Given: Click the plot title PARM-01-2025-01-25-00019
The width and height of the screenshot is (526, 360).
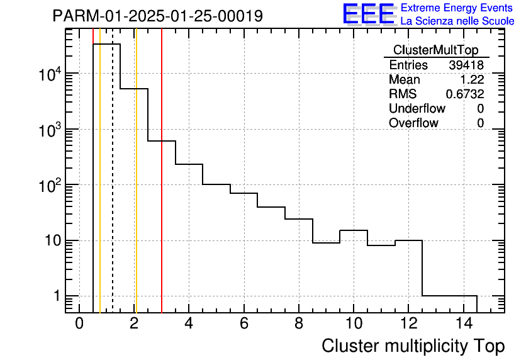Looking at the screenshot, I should pyautogui.click(x=157, y=16).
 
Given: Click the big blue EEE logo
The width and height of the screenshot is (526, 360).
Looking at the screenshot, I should pyautogui.click(x=368, y=14).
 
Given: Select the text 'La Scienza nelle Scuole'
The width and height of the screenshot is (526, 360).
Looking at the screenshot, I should pyautogui.click(x=457, y=21).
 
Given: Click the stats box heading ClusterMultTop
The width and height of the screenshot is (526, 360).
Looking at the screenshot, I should pyautogui.click(x=435, y=50).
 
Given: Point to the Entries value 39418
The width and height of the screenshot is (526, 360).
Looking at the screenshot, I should pyautogui.click(x=466, y=65).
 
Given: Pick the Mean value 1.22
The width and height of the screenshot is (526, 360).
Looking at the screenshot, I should pyautogui.click(x=473, y=80).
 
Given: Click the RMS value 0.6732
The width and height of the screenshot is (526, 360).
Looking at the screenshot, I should pyautogui.click(x=465, y=94).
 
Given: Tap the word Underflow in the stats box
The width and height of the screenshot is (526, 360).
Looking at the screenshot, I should pyautogui.click(x=417, y=109).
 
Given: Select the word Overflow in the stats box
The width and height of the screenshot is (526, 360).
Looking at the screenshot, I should pyautogui.click(x=413, y=123).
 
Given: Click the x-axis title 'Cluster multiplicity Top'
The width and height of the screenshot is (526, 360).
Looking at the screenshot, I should pyautogui.click(x=413, y=346).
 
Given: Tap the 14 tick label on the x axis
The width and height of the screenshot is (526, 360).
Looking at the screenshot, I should pyautogui.click(x=463, y=324).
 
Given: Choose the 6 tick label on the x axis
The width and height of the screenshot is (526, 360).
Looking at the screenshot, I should pyautogui.click(x=244, y=324).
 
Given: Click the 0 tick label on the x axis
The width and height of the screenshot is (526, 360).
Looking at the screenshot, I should pyautogui.click(x=79, y=324).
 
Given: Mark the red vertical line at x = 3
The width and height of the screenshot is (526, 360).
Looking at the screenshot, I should pyautogui.click(x=162, y=189).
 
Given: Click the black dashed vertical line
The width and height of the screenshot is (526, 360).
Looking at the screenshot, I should pyautogui.click(x=113, y=189).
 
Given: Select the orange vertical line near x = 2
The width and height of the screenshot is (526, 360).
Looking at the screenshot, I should pyautogui.click(x=136, y=189).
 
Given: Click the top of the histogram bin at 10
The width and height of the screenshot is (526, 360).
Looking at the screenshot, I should pyautogui.click(x=354, y=230).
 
